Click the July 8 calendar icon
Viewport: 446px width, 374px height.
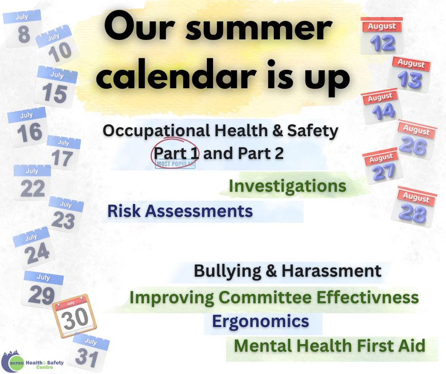pos(22,29)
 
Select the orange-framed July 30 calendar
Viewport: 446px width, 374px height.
pos(74,315)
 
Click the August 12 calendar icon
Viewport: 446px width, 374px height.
pos(382,36)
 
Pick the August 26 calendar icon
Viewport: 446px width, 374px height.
pos(415,140)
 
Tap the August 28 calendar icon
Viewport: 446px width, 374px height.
pos(414,206)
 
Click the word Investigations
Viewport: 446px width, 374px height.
pos(287,187)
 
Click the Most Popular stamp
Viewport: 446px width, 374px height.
pos(175,164)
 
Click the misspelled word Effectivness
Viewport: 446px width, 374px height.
pos(368,298)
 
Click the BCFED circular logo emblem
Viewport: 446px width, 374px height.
pos(13,362)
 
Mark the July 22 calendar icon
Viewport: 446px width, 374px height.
pos(32,182)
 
